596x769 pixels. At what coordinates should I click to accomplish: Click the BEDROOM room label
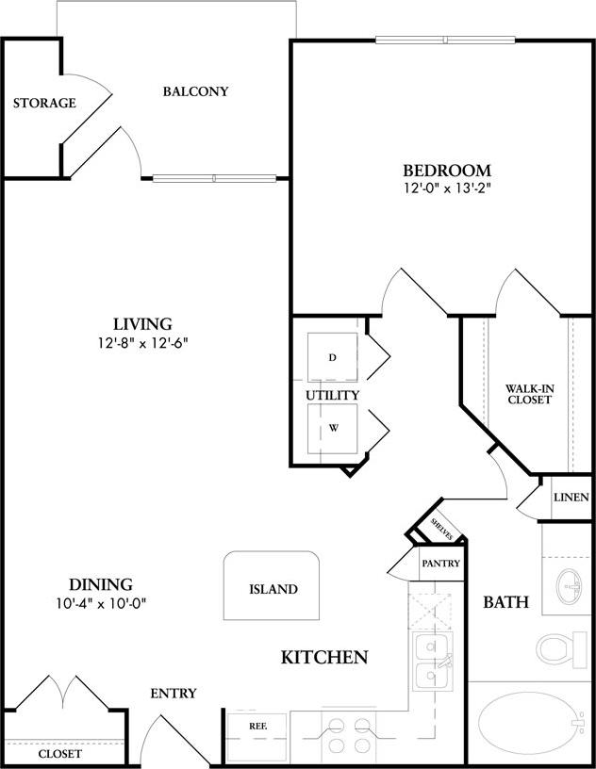447,171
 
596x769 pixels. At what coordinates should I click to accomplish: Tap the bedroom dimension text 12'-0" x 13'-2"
447,188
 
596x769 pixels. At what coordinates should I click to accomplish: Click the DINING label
100,584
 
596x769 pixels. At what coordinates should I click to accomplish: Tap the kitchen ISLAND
273,589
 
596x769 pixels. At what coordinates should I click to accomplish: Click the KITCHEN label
324,657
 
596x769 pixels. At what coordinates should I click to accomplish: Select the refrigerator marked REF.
257,727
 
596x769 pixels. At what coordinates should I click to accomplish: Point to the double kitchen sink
433,663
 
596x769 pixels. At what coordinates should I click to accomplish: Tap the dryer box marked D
333,358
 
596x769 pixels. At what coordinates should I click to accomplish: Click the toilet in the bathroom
562,649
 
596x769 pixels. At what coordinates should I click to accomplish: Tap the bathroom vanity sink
570,585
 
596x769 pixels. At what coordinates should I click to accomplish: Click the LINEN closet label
571,498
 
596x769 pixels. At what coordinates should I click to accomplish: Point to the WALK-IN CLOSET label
528,393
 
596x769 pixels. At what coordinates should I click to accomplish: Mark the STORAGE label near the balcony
44,103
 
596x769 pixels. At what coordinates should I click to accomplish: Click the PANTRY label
440,564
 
